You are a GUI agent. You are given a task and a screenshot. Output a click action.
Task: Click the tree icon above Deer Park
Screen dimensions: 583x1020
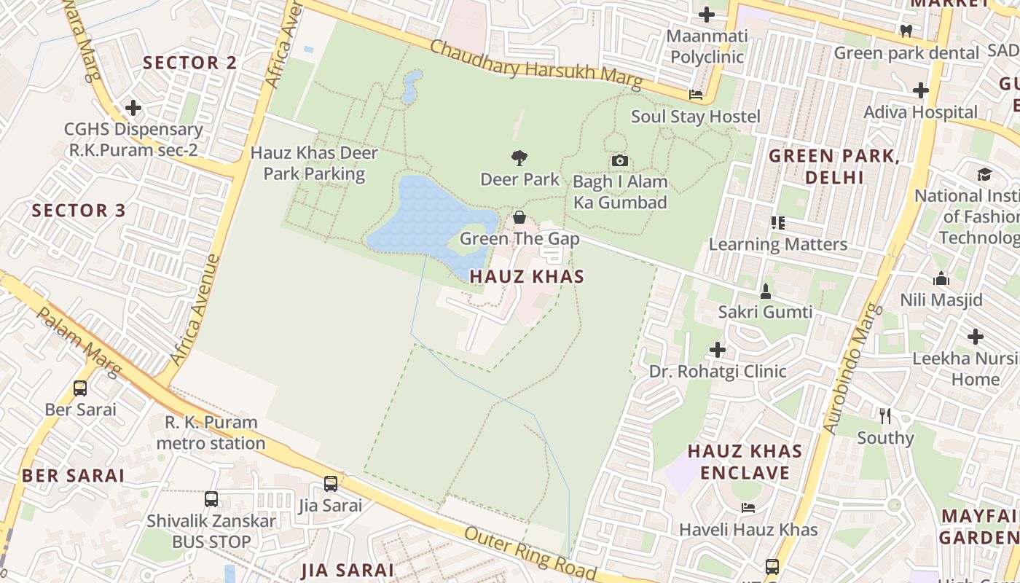pyautogui.click(x=519, y=157)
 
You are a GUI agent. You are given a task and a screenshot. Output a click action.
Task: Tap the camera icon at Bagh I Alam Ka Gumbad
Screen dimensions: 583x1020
pyautogui.click(x=619, y=160)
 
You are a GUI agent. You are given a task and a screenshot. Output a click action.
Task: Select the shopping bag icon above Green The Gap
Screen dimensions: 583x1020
pyautogui.click(x=519, y=217)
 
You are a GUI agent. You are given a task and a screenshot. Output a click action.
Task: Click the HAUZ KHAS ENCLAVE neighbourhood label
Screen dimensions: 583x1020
pyautogui.click(x=745, y=462)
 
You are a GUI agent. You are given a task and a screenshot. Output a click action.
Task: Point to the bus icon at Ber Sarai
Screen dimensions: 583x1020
pyautogui.click(x=80, y=388)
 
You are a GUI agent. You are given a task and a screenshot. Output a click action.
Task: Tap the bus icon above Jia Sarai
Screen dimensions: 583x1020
pyautogui.click(x=330, y=484)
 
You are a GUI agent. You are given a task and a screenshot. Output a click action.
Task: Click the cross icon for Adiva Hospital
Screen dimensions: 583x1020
pyautogui.click(x=921, y=91)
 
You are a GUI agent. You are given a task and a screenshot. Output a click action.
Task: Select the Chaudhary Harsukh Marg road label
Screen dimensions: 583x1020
pyautogui.click(x=536, y=66)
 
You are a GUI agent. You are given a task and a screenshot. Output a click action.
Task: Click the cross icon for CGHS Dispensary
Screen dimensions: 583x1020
pyautogui.click(x=133, y=109)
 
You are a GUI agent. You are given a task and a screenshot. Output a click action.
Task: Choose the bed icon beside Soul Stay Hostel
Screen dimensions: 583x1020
pyautogui.click(x=696, y=95)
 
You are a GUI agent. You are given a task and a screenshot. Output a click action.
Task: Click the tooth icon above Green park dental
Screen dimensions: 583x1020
pyautogui.click(x=906, y=31)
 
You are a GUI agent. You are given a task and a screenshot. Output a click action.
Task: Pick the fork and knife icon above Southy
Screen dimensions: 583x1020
pyautogui.click(x=885, y=416)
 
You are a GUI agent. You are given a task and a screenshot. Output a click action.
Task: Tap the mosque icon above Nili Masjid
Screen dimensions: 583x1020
pyautogui.click(x=941, y=279)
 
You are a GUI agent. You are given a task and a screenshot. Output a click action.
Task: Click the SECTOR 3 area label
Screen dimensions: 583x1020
pyautogui.click(x=79, y=211)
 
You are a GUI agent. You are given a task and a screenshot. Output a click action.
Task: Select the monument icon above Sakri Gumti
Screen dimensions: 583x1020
pyautogui.click(x=765, y=291)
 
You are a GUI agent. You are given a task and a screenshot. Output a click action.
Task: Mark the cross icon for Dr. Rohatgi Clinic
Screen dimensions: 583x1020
pyautogui.click(x=718, y=351)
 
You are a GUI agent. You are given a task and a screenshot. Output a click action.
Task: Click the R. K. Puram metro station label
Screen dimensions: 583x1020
pyautogui.click(x=211, y=433)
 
